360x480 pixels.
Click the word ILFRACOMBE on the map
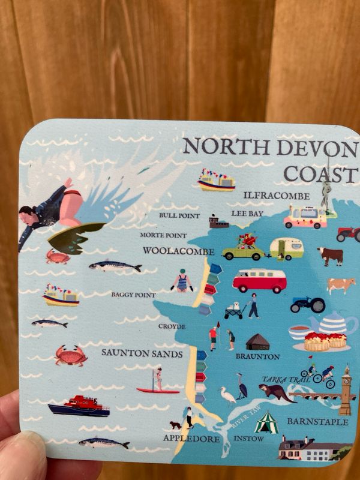277,196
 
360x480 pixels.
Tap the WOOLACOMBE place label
178,250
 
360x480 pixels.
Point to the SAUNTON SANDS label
142,354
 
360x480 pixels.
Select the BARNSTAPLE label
317,422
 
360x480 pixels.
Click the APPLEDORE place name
191,439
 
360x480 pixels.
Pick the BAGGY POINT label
133,295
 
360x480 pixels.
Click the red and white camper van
259,280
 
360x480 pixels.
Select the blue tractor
308,304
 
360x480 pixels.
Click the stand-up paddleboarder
158,381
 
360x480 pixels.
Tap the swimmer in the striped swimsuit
182,281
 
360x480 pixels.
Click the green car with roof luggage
243,248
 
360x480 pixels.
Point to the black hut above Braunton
257,342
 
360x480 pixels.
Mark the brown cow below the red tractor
330,256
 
